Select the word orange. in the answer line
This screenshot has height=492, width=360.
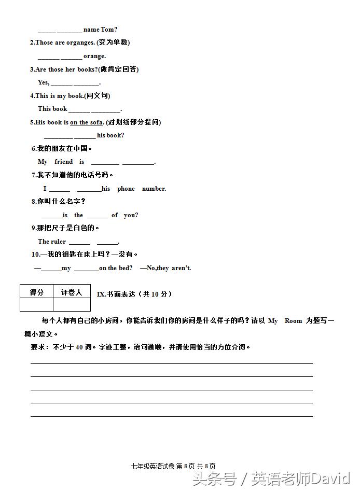coord(94,56)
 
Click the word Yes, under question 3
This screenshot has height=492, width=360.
coord(44,82)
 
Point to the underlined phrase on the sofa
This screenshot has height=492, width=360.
coord(86,122)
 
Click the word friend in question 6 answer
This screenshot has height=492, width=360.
coord(63,162)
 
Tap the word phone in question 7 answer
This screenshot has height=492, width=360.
coord(126,189)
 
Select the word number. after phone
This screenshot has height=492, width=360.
coord(154,189)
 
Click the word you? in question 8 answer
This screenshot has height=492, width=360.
coord(131,215)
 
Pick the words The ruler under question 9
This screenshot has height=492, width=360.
coord(52,242)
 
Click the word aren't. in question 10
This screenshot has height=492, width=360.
coord(181,268)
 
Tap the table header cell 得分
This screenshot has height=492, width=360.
coord(37,292)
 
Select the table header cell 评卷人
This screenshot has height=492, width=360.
coord(72,292)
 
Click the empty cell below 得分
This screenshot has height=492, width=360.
coord(37,305)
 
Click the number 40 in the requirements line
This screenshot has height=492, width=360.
coord(80,347)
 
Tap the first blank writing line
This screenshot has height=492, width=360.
coord(171,362)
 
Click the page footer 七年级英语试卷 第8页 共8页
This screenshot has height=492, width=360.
coord(173,466)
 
